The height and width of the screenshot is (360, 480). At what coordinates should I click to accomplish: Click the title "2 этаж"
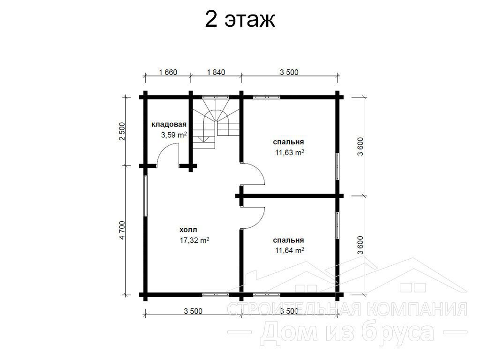click(240, 20)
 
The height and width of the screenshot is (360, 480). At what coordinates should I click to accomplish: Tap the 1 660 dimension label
click(168, 72)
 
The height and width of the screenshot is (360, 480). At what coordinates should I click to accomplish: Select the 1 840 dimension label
click(216, 72)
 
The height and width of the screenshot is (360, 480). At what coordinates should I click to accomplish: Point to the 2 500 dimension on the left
click(122, 131)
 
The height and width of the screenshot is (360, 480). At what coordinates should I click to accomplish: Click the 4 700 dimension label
click(122, 230)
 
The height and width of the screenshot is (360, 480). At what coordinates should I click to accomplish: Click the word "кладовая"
click(169, 125)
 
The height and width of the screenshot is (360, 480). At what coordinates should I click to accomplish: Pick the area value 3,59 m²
click(174, 135)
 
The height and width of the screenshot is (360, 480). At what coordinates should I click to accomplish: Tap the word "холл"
click(188, 230)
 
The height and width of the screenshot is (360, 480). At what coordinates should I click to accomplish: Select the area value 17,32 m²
click(195, 240)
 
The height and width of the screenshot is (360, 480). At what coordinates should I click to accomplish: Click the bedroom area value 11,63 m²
click(290, 152)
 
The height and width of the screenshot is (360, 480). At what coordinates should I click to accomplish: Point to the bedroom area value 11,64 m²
click(290, 250)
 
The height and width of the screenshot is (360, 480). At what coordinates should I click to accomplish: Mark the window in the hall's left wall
click(145, 196)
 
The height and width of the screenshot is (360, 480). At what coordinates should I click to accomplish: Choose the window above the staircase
click(216, 97)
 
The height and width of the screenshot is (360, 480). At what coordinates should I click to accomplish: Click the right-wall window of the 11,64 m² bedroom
click(337, 225)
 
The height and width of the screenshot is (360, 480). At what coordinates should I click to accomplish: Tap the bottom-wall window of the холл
click(216, 295)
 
